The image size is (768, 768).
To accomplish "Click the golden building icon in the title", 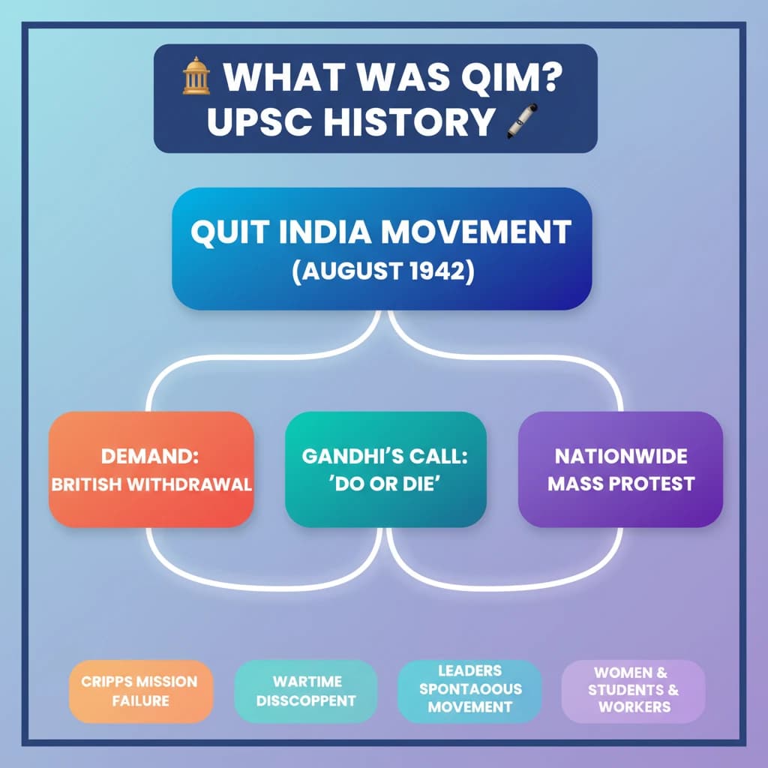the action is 196,76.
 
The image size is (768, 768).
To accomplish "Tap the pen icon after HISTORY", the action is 522,121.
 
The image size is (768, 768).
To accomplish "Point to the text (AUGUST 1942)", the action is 383,271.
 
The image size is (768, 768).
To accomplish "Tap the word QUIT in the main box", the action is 230,232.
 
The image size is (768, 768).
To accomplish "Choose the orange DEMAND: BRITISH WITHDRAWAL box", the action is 151,469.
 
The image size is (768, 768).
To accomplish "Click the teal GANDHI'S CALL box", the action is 385,469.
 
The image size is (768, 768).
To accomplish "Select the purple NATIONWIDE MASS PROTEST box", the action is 620,469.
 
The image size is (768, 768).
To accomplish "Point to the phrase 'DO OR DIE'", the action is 385,484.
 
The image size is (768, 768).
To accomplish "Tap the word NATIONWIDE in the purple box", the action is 621,457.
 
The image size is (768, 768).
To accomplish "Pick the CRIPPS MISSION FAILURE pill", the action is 141,691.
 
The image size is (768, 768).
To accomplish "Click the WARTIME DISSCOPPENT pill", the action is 306,691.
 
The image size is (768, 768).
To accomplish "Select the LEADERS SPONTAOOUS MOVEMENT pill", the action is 469,691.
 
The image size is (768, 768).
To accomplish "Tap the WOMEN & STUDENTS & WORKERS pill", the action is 633,691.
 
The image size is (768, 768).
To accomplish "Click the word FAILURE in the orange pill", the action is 140,701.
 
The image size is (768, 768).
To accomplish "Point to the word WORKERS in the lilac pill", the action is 634,706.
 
